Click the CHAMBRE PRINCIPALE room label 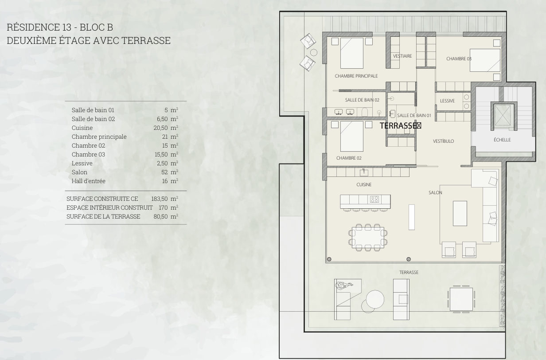point(356,76)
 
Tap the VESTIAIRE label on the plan point(402,56)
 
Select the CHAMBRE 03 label point(459,59)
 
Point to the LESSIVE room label point(447,101)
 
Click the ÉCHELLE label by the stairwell point(502,140)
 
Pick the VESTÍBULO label point(443,141)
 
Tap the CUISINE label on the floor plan point(364,184)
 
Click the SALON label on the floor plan point(435,193)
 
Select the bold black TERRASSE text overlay point(400,125)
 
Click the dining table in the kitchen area point(368,237)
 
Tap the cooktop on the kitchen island point(374,199)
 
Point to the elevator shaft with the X point(503,116)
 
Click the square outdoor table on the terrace point(461,299)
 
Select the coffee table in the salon point(460,213)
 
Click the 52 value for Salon point(164,172)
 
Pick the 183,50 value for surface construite point(160,199)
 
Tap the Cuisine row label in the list point(82,128)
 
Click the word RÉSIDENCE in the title point(33,27)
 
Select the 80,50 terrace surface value point(160,217)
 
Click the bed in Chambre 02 point(352,137)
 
